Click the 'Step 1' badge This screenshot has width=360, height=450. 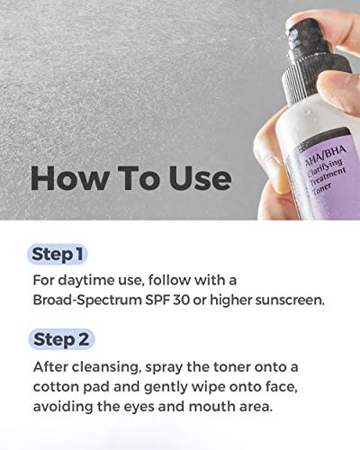point(58,253)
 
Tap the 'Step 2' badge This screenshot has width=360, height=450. point(61,339)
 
